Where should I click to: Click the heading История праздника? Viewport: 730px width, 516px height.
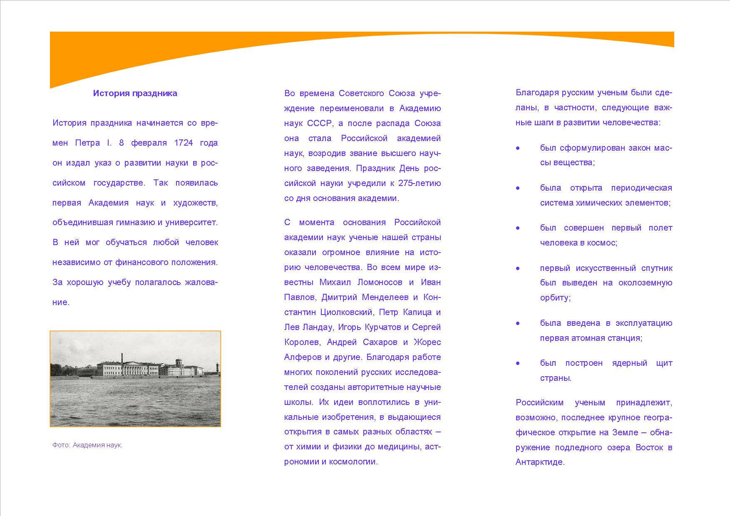click(135, 93)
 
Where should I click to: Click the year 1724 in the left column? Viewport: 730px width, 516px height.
click(184, 143)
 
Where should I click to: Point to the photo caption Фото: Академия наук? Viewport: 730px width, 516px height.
click(87, 445)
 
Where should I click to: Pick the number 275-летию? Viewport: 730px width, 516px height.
click(420, 184)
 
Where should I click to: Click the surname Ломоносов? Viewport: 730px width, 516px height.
click(380, 283)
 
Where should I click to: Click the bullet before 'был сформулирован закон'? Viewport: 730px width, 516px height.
click(518, 148)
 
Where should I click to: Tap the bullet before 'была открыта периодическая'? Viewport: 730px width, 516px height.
click(518, 188)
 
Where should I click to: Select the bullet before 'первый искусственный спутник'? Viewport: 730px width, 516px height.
click(518, 268)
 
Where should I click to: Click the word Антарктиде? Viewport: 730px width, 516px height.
click(540, 462)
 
